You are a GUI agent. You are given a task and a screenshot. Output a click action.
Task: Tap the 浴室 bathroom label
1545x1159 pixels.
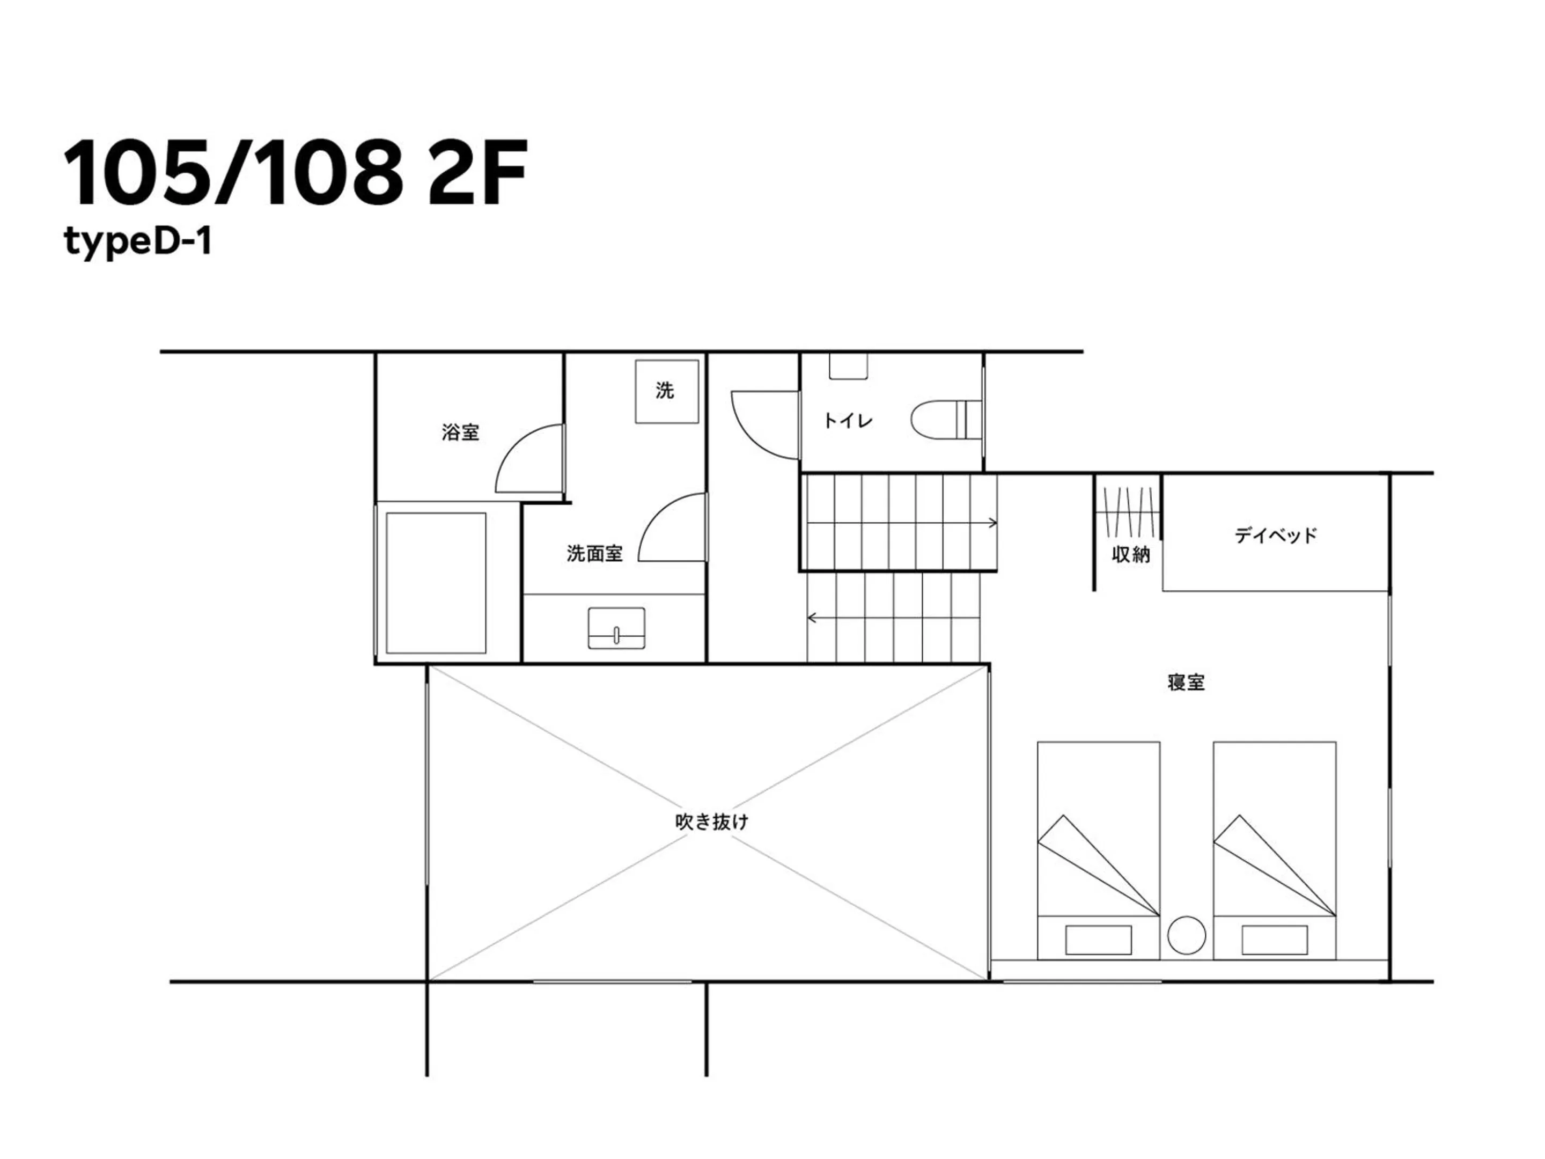[x=460, y=432]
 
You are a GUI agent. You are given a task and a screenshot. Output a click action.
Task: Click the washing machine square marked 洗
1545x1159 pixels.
[x=666, y=391]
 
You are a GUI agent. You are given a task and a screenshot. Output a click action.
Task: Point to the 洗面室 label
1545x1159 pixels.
[x=594, y=554]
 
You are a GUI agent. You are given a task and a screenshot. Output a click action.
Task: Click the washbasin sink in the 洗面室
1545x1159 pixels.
[x=616, y=628]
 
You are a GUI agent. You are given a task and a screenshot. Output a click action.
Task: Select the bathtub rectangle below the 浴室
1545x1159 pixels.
[x=436, y=583]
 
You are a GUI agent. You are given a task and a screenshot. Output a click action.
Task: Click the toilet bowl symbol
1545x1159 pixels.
[x=946, y=420]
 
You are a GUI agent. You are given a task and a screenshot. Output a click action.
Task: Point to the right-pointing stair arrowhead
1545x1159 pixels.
[x=992, y=523]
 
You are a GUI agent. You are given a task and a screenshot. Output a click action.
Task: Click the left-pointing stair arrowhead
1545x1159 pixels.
[x=812, y=618]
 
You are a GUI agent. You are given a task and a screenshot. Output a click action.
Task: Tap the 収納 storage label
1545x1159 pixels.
[x=1131, y=555]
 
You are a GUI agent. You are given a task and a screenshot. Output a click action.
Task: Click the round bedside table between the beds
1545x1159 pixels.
[x=1186, y=935]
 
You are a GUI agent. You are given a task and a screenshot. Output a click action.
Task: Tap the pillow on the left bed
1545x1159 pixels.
[x=1098, y=940]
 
